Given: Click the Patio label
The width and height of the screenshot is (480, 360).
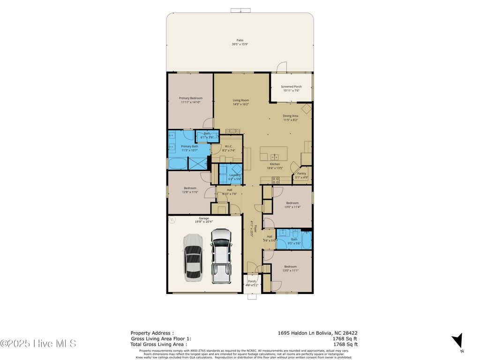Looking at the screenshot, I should (240, 40).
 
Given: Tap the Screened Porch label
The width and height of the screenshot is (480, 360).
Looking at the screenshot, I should (291, 87).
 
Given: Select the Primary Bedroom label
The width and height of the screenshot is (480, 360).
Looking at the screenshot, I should (191, 98).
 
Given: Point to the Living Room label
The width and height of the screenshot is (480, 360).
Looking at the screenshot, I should (241, 100).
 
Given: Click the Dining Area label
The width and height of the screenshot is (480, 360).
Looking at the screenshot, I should (290, 116).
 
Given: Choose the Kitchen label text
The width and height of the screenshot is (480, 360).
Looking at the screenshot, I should (275, 164).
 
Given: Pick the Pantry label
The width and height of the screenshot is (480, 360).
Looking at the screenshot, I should (301, 173).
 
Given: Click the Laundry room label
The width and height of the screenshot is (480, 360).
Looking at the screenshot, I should (234, 175).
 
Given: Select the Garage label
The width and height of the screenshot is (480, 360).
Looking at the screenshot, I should (203, 218).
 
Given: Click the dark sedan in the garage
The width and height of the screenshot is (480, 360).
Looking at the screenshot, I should (193, 257).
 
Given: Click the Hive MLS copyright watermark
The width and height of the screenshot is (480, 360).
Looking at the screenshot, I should (38, 344).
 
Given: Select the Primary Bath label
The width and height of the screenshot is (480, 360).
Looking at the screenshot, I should (190, 147).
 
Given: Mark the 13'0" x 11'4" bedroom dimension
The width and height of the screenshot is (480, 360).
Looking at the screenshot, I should (292, 207).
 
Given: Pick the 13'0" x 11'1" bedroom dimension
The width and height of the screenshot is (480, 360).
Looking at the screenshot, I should (290, 270).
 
